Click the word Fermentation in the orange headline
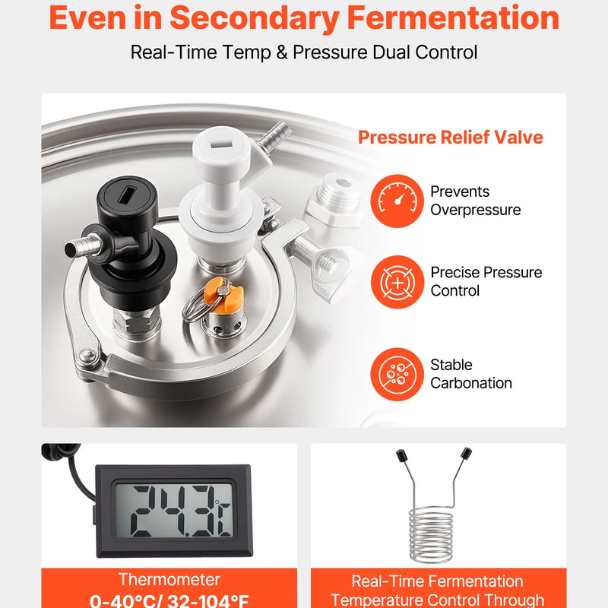click(453, 17)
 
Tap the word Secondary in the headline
click(255, 18)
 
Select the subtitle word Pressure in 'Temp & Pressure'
click(330, 52)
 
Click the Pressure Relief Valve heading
click(450, 138)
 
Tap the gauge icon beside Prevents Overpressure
click(397, 201)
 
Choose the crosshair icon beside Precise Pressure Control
click(397, 282)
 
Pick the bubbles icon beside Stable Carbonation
click(397, 374)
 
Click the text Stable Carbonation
click(470, 374)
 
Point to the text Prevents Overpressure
click(476, 201)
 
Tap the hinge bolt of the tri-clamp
click(87, 356)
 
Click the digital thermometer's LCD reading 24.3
click(175, 511)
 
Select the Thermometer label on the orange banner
click(169, 580)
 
